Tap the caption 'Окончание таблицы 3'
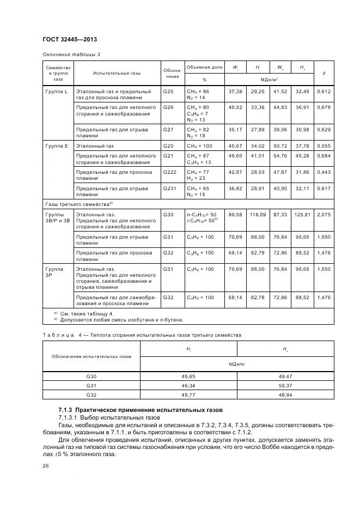(x=71, y=54)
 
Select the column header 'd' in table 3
(x=324, y=73)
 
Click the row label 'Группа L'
(x=56, y=92)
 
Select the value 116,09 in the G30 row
(x=257, y=215)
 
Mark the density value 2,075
(x=324, y=215)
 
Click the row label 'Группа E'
(x=56, y=146)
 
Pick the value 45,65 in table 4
(x=188, y=376)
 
